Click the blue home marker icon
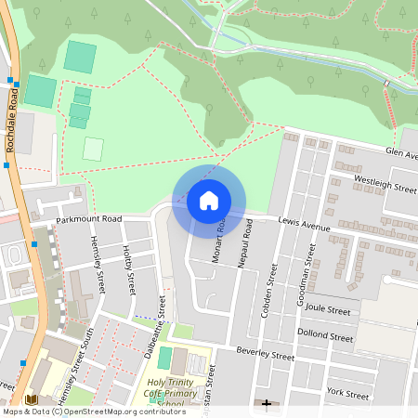tap(209, 201)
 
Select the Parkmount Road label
tap(88, 219)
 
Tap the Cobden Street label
tap(270, 289)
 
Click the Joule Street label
tap(326, 310)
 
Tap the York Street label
tap(349, 392)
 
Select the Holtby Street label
tap(129, 267)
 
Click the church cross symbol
tap(268, 405)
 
